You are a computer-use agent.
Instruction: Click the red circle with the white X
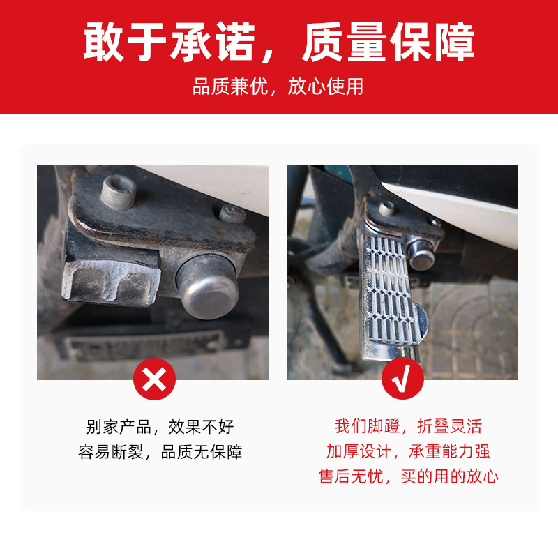pos(154,379)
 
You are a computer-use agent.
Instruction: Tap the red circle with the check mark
pos(402,379)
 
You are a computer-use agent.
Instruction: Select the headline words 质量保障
pos(388,43)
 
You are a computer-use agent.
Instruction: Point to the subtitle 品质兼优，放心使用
pos(278,87)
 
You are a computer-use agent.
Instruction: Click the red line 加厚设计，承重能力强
pos(408,452)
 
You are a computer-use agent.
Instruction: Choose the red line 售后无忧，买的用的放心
pos(408,477)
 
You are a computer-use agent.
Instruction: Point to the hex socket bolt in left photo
pos(118,192)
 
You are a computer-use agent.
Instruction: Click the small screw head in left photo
pos(232,213)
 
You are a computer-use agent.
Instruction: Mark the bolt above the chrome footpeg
pos(387,208)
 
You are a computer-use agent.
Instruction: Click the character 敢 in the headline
pos(105,43)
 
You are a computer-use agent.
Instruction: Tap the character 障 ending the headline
pos(453,43)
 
